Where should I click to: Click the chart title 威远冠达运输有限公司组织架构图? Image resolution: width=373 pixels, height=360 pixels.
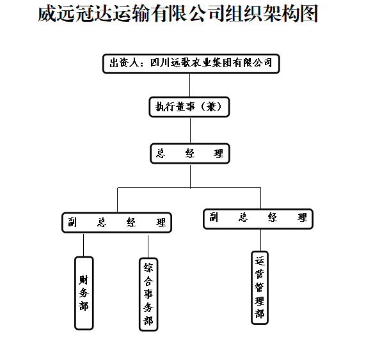pos(178,13)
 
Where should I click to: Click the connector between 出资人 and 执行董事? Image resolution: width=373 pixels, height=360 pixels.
pos(189,85)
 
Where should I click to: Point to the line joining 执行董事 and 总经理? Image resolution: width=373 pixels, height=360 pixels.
pos(190,130)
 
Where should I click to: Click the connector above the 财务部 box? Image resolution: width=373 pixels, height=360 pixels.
pos(84,245)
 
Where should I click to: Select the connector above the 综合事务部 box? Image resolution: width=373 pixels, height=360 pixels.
pos(148,247)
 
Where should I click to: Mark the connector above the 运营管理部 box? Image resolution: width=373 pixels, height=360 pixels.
pos(261,240)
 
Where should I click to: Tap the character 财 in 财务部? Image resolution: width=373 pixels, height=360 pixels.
pos(84,280)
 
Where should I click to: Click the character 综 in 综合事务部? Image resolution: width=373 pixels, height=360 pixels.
pos(148,268)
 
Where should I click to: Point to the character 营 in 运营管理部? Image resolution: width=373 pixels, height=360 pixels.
pos(260,274)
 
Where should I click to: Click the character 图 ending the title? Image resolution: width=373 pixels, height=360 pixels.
pos(309,14)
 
